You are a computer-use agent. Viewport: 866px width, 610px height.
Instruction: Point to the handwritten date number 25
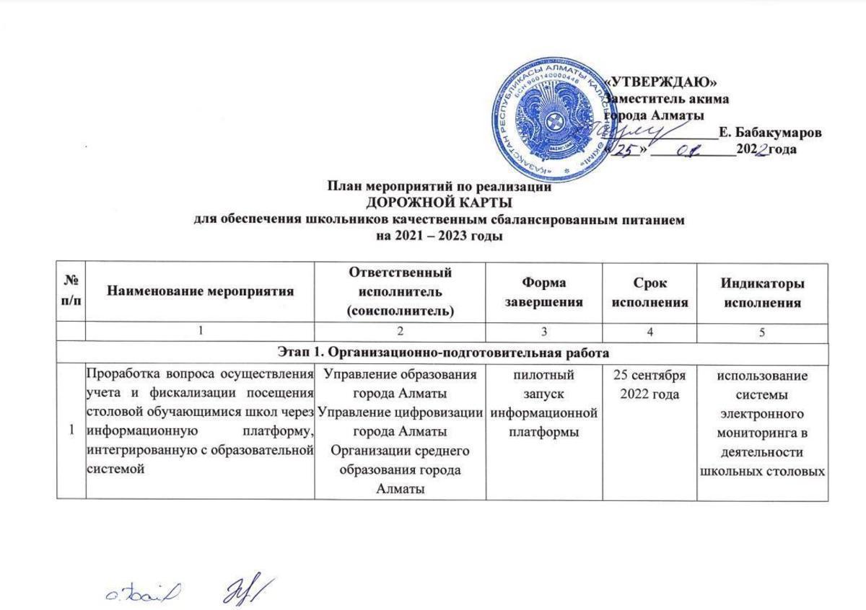625,149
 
